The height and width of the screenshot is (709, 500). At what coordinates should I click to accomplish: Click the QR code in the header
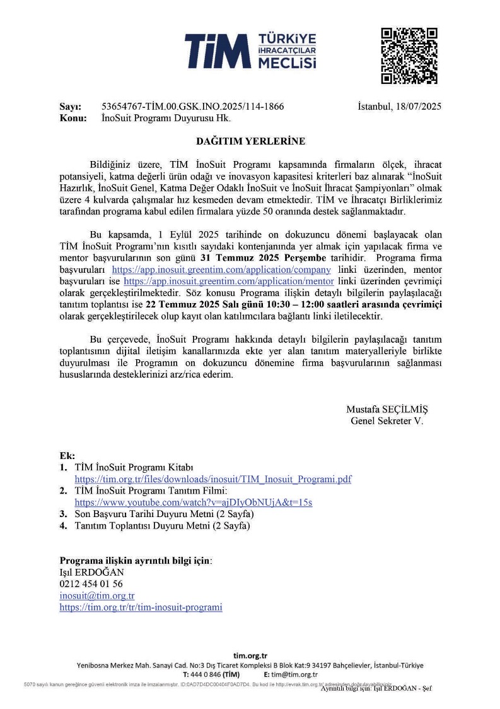pos(409,56)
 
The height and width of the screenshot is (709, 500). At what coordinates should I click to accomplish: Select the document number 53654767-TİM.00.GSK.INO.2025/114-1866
pos(192,107)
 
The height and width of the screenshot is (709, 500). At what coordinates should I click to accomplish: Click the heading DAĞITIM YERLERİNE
pos(249,141)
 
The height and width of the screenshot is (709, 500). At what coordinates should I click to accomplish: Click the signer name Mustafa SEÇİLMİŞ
pos(387,409)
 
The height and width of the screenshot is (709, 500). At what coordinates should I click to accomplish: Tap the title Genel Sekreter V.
pos(387,420)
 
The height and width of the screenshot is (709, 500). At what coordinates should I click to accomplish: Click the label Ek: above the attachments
pos(67,456)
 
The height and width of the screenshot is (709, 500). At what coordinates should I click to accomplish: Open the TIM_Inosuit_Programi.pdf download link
pos(212,480)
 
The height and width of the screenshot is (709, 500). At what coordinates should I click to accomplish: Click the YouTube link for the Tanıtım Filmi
pos(193,503)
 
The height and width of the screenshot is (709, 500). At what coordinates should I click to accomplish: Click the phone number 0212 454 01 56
pos(91,584)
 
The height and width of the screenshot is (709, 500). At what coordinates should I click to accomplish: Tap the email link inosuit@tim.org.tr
pos(96,595)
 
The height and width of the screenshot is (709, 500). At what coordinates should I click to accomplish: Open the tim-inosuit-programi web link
pos(141,607)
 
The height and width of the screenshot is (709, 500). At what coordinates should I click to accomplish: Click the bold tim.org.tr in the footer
pos(250,657)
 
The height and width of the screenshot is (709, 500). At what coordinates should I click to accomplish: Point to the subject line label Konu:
pos(73,118)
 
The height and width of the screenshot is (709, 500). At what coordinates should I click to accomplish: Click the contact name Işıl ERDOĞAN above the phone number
pos(91,573)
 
